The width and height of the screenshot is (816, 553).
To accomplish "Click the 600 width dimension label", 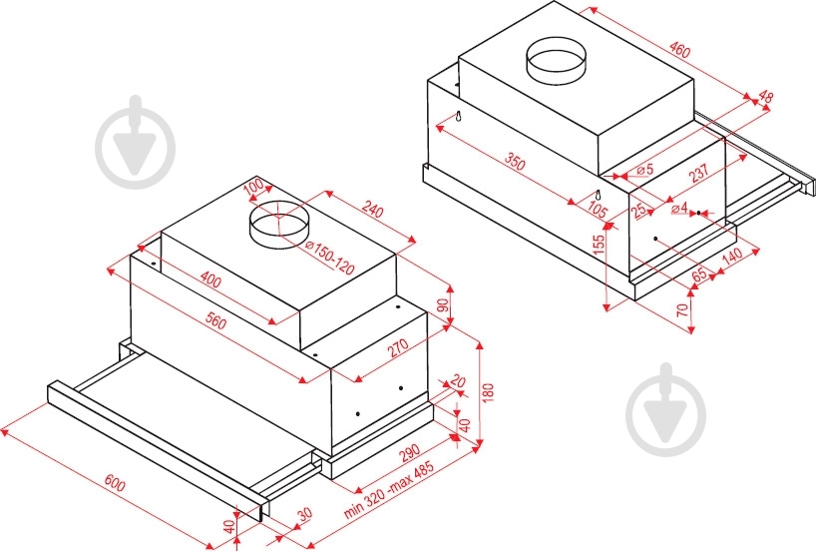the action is click(x=115, y=483).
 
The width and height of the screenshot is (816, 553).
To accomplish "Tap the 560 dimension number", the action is click(x=214, y=321).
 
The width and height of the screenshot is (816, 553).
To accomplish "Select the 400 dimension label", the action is click(x=210, y=280).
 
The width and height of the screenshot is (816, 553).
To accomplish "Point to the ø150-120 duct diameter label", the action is click(x=329, y=259).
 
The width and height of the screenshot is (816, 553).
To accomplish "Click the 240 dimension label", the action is click(x=372, y=210).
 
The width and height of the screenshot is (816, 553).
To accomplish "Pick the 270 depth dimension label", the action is click(x=398, y=347).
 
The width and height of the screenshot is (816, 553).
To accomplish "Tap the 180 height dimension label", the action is click(x=488, y=393).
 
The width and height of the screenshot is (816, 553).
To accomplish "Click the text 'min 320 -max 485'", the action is click(x=388, y=489).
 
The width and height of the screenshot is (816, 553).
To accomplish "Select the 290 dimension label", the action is click(x=410, y=453).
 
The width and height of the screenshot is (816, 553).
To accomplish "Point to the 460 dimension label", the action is click(x=679, y=50).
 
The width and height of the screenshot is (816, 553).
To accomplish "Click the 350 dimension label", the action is click(x=515, y=163).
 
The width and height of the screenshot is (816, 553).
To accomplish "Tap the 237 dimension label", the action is click(x=699, y=173).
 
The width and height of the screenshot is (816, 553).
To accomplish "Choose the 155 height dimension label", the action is click(x=599, y=245).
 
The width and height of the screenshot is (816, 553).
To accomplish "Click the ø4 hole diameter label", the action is click(x=679, y=209).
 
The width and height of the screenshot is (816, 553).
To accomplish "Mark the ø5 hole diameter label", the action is click(x=644, y=170).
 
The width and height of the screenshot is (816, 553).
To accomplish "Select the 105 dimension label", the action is click(x=597, y=210).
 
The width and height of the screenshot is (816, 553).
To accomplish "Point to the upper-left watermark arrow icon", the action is click(x=136, y=142).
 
